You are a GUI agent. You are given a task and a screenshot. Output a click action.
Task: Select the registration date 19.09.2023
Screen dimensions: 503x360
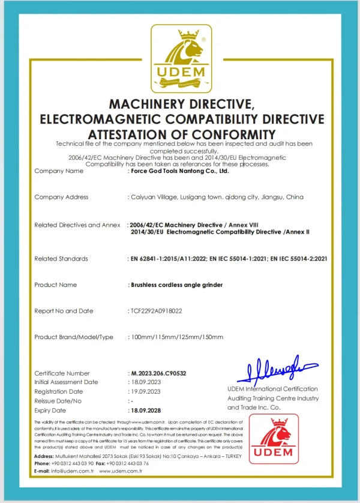tap(146, 391)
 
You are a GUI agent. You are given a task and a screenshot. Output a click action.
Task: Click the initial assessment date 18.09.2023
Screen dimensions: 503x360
tap(146, 382)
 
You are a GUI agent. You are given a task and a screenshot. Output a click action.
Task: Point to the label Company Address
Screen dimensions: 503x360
tap(61, 197)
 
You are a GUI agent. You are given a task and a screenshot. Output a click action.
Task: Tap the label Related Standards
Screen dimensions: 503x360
tap(61, 259)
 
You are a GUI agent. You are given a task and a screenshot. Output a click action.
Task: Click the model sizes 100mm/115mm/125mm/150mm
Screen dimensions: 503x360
tap(178, 337)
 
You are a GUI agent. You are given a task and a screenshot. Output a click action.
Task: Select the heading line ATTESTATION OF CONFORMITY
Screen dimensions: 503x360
tap(181, 133)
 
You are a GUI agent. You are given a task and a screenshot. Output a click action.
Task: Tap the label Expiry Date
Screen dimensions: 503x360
tap(50, 410)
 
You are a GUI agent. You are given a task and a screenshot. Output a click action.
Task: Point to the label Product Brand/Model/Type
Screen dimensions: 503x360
tap(74, 337)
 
